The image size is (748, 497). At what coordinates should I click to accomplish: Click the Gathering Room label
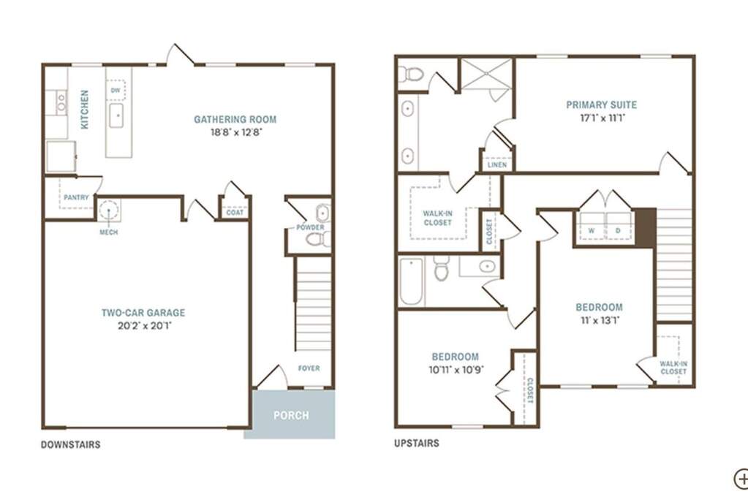point(235,119)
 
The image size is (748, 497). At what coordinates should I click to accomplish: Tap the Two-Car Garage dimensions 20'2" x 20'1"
point(144,326)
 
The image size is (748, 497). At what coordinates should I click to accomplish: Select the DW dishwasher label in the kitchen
point(116,90)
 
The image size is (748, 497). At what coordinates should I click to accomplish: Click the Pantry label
point(76,197)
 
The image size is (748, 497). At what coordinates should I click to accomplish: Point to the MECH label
point(108,232)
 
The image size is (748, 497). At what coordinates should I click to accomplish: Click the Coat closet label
point(235,212)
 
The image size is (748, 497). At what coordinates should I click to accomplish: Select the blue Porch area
point(290,414)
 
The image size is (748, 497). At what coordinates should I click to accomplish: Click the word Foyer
point(309,368)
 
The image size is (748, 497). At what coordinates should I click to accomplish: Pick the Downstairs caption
point(71,444)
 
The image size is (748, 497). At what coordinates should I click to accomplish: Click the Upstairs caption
point(417,443)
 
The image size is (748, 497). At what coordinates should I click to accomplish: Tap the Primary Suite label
point(602,105)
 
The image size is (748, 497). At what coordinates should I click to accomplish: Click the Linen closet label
point(497,165)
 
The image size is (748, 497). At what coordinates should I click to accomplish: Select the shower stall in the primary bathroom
point(486,73)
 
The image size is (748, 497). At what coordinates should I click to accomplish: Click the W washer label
point(591,230)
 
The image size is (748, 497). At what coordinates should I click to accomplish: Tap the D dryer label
point(618,230)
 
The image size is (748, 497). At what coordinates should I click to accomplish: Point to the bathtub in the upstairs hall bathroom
point(411,281)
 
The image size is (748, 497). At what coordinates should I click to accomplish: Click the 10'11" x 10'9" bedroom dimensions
point(456,370)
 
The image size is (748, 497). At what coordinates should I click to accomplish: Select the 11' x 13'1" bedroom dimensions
point(600,320)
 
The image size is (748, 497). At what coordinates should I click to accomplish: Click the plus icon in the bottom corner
point(742,479)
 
